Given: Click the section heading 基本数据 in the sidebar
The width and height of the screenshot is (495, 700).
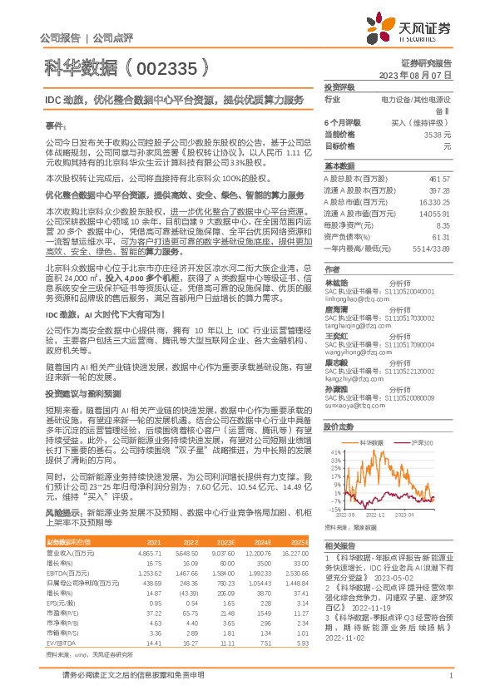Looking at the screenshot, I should tap(339, 165).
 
